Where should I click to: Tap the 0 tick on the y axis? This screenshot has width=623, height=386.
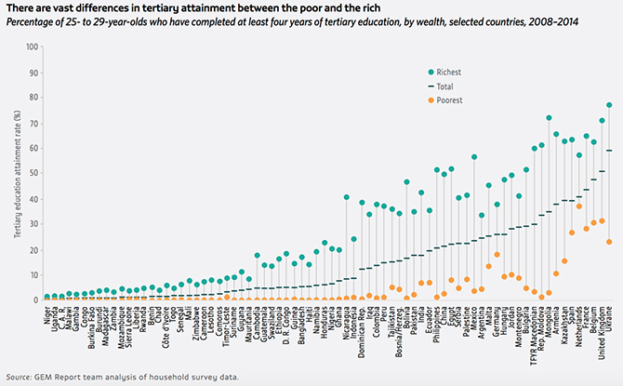pyautogui.click(x=36, y=300)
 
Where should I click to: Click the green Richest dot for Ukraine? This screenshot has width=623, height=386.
pyautogui.click(x=609, y=105)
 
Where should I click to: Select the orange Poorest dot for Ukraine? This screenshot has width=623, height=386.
pyautogui.click(x=609, y=242)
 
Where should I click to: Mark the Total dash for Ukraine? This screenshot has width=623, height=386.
pyautogui.click(x=609, y=151)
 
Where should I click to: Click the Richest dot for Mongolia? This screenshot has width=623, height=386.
pyautogui.click(x=549, y=118)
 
